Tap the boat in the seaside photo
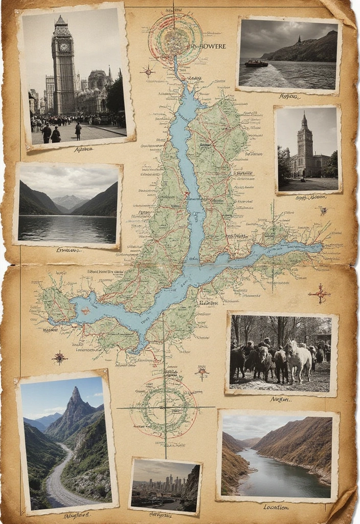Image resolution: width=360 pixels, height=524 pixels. point(256,63)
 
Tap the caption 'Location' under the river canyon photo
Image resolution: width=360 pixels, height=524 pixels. point(276,507)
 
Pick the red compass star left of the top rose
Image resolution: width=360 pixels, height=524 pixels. point(148,72)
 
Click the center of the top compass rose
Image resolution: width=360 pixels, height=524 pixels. point(175,39)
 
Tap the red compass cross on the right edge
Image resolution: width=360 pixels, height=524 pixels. point(320,294)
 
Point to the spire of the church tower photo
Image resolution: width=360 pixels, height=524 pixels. point(304,119)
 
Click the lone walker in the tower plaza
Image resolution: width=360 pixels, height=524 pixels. point(78,131)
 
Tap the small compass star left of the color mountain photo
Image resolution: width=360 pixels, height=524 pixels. point(60,357)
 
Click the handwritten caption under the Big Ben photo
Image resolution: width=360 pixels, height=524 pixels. point(83,149)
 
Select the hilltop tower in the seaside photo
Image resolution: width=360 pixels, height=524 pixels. point(299,39)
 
